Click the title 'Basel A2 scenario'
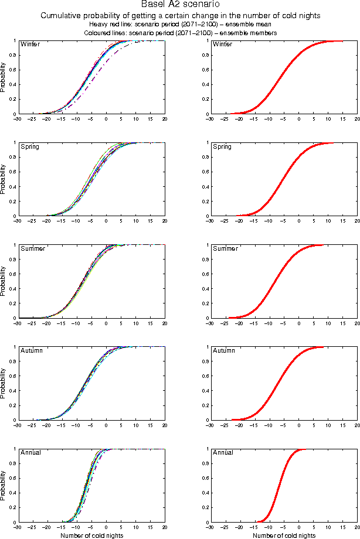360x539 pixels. pos(179,5)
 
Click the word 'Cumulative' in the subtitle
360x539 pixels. pos(62,16)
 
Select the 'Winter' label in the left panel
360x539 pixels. pos(30,45)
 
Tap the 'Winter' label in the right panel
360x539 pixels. pos(222,45)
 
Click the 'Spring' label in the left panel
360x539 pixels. pos(30,146)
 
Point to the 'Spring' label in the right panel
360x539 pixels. pos(222,146)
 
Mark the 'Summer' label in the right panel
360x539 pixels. pos(225,248)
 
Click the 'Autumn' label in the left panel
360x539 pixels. pos(31,350)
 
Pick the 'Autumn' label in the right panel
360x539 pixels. pos(223,350)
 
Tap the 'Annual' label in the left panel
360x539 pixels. pos(30,452)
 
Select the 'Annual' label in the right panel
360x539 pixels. pos(223,452)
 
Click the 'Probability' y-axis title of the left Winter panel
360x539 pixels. pos(4,78)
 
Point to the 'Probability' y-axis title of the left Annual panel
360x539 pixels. pos(4,486)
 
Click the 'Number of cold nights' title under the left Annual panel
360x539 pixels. pos(91,534)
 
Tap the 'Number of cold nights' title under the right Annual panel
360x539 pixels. pos(283,534)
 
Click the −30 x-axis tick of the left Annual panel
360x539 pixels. pos(18,527)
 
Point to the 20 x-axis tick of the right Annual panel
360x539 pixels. pos(357,527)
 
